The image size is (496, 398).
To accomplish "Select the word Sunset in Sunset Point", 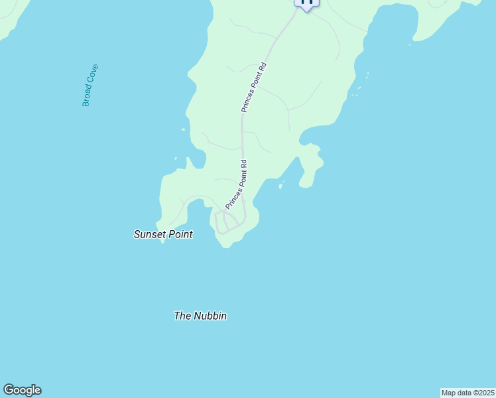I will pos(149,234).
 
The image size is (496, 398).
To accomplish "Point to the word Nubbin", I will pos(210,316).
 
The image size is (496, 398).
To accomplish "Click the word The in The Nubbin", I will pos(182,316).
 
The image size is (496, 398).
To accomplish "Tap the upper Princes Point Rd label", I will pos(254,87).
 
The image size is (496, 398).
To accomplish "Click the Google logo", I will pos(22,390).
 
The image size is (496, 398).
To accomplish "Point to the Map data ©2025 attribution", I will pos(467,393).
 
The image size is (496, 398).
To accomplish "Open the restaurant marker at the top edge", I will pos(306,3).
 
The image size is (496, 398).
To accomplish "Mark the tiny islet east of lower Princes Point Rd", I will pos(280,186).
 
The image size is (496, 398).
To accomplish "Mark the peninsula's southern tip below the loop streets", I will pos(227,244).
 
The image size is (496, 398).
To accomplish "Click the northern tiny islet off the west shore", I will pos(182,130).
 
